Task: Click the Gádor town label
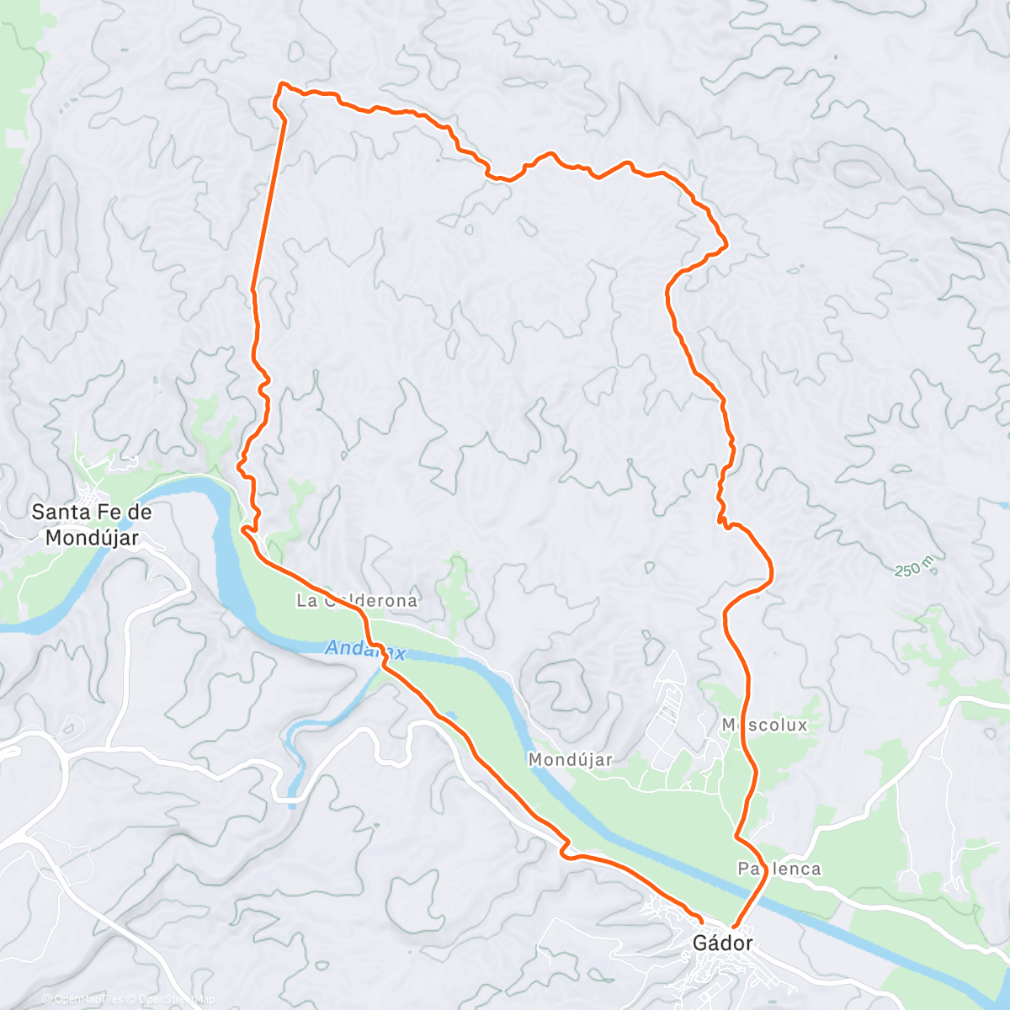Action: (x=722, y=943)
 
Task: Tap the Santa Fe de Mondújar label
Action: (x=91, y=524)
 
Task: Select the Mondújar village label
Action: (x=570, y=759)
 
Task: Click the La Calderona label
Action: (x=356, y=601)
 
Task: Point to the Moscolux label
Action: (x=764, y=725)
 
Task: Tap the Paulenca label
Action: (x=779, y=868)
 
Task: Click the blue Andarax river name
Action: (x=364, y=650)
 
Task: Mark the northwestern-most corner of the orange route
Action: (x=281, y=84)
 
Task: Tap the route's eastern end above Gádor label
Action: (x=734, y=927)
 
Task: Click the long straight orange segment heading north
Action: (x=268, y=202)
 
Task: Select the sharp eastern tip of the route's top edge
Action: (x=725, y=245)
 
